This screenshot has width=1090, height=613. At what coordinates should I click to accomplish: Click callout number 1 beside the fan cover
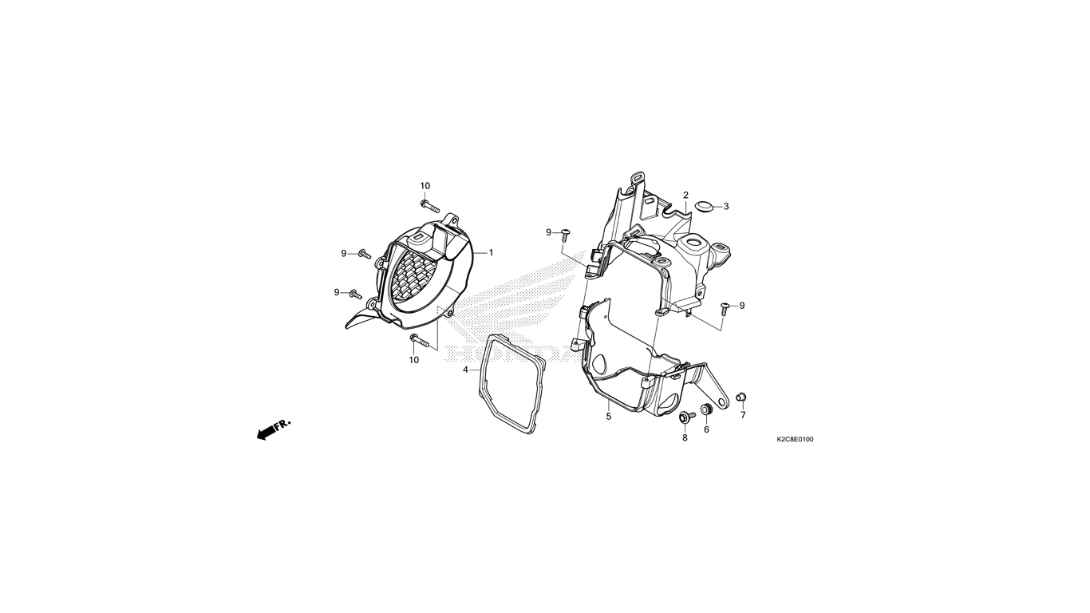pos(491,253)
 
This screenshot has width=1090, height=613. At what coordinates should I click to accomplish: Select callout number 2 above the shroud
pos(685,196)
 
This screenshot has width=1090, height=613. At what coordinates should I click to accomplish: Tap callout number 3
pos(726,207)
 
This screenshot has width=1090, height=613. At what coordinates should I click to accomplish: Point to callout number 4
pos(465,370)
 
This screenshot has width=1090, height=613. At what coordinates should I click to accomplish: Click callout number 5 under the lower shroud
pos(608,417)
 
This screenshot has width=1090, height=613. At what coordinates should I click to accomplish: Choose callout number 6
pos(706,429)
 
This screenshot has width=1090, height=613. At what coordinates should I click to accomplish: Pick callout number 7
pos(743,415)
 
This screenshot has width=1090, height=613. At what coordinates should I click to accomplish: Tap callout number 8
pos(685,438)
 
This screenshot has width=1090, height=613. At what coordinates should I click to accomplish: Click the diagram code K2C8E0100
pos(795,439)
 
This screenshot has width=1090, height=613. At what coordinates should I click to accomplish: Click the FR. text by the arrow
pos(282,425)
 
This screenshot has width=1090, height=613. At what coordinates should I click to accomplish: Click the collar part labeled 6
pos(706,409)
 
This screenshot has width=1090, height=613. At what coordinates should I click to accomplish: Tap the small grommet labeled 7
pos(742,397)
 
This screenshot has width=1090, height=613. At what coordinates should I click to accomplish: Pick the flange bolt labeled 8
pos(686,417)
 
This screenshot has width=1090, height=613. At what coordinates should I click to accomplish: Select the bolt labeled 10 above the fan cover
pos(429,206)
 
